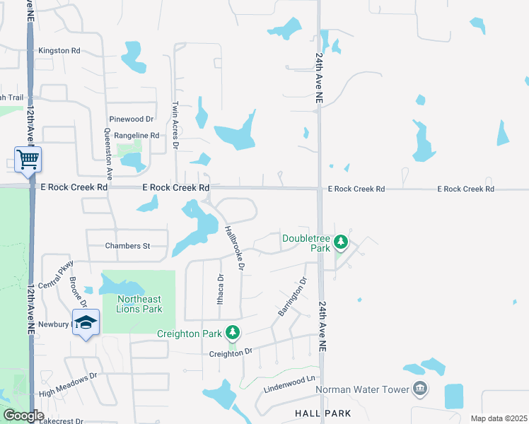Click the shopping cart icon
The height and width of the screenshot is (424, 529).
28,159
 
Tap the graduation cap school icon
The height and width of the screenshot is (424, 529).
86,322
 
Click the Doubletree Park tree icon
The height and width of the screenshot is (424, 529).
341,242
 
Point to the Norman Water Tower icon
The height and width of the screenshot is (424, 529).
420,389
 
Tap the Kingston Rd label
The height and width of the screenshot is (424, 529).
59,51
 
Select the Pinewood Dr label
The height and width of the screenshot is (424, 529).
131,119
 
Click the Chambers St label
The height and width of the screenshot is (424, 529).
128,246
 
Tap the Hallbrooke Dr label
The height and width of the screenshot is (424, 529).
234,248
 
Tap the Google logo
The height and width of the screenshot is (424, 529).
23,416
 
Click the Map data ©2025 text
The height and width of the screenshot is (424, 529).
498,418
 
